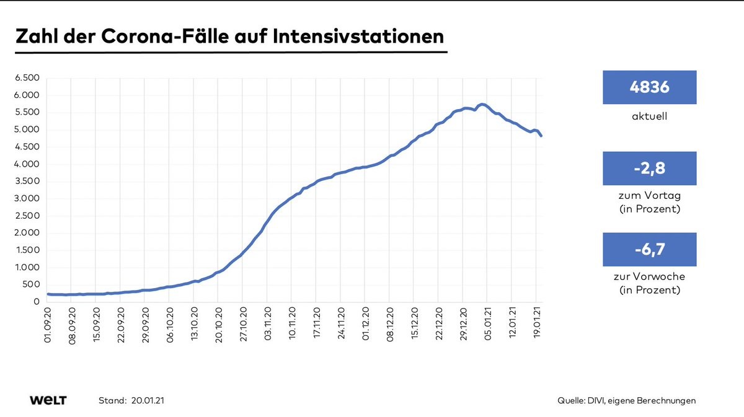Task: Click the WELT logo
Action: pos(48,400)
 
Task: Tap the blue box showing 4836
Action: pos(649,87)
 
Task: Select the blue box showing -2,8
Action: pos(649,169)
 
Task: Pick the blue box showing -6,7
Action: pos(649,249)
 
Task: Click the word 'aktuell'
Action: pos(649,116)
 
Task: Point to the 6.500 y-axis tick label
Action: pos(27,78)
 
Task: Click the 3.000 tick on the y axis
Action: pos(27,199)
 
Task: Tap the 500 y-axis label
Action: pos(32,285)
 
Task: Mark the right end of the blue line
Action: pos(541,136)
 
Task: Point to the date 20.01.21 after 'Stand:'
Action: pos(148,401)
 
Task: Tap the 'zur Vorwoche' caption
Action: pos(649,277)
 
